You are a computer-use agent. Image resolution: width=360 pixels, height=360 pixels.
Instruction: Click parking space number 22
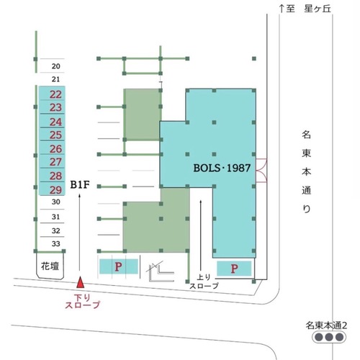coord(52,94)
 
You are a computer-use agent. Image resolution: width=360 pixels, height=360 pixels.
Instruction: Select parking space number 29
coord(52,189)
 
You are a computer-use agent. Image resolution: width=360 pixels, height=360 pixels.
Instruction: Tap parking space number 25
coord(52,134)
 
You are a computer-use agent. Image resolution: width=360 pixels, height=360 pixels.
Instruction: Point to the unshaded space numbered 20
coord(52,66)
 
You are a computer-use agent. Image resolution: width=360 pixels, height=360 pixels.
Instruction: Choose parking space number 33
coord(52,243)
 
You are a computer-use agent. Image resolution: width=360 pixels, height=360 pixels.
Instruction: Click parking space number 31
coord(52,217)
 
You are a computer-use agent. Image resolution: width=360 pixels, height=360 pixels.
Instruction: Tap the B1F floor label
coord(80,185)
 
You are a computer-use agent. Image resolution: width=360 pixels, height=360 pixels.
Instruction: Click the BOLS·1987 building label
coord(222,168)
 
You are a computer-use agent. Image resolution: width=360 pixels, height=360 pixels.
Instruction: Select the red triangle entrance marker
coord(80,282)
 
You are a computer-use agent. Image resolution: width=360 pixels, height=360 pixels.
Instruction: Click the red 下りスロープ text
coord(82,301)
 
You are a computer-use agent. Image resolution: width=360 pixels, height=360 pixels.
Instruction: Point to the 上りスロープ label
coord(204,282)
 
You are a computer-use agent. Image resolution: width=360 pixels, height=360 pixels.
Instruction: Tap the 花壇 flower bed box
coord(50,266)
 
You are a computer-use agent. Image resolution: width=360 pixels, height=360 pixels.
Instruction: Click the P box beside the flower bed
coord(119,266)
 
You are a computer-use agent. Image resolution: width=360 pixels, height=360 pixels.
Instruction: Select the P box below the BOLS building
coord(234,269)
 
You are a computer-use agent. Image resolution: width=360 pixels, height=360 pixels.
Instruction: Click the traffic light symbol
coord(329,337)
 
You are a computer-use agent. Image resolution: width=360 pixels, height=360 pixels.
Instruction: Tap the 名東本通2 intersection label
coord(326,325)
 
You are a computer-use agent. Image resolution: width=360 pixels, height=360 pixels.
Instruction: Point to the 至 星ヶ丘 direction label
coord(305,9)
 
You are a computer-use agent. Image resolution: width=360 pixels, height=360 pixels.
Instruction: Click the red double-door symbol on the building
coord(261,171)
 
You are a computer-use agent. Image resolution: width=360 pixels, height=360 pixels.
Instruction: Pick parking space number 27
coord(52,161)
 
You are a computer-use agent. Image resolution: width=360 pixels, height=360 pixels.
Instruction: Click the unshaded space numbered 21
coord(52,79)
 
